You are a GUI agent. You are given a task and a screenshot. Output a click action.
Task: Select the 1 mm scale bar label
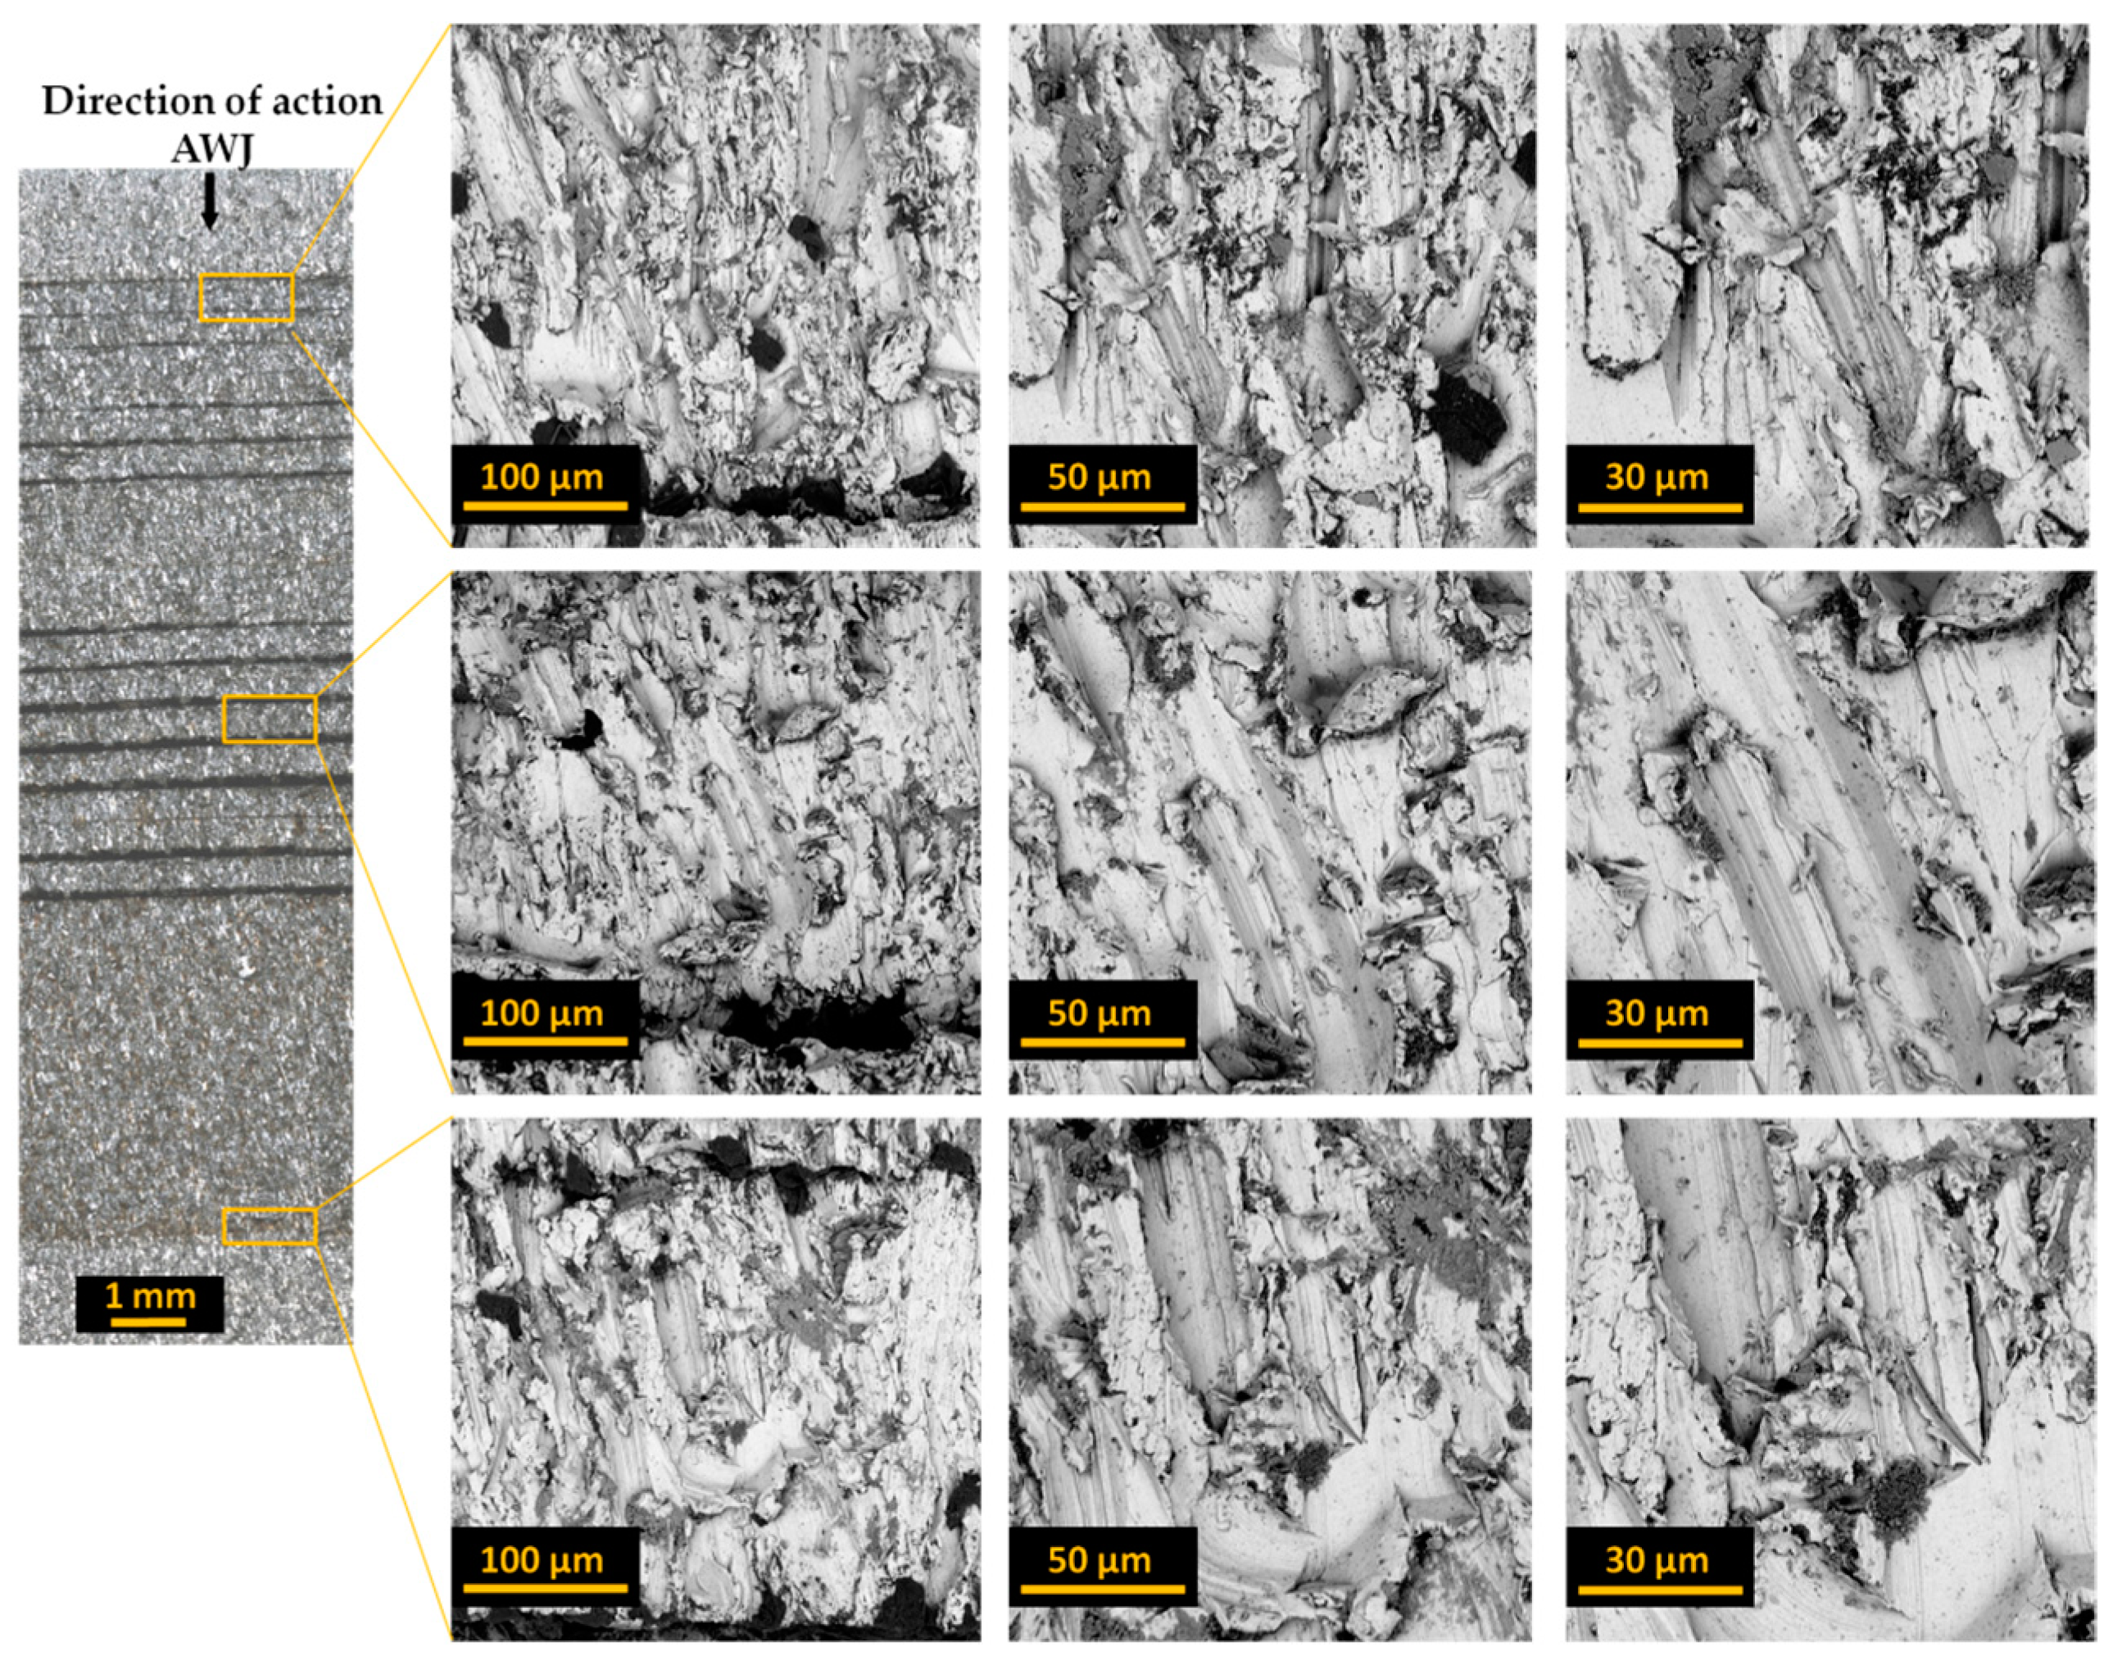coord(150,1295)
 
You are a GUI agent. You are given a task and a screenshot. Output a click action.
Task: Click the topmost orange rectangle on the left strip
coord(247,297)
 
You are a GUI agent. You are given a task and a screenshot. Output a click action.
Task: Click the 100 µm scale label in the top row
coord(542,478)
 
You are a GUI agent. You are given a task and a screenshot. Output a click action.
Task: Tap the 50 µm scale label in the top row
coord(1100,478)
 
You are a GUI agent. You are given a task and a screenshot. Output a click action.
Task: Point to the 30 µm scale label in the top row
coord(1657,478)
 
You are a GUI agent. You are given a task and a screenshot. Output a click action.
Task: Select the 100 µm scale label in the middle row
coord(542,1014)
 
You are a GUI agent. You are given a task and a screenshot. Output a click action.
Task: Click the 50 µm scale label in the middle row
coord(1100,1014)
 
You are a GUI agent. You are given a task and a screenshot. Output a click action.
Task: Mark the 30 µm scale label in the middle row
coord(1657,1014)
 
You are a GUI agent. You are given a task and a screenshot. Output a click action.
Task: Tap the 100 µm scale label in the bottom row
coord(542,1561)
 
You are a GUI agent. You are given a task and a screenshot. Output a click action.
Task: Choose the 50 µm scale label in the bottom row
coord(1100,1561)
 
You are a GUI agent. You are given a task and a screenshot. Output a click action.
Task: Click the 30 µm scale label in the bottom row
coord(1657,1561)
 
